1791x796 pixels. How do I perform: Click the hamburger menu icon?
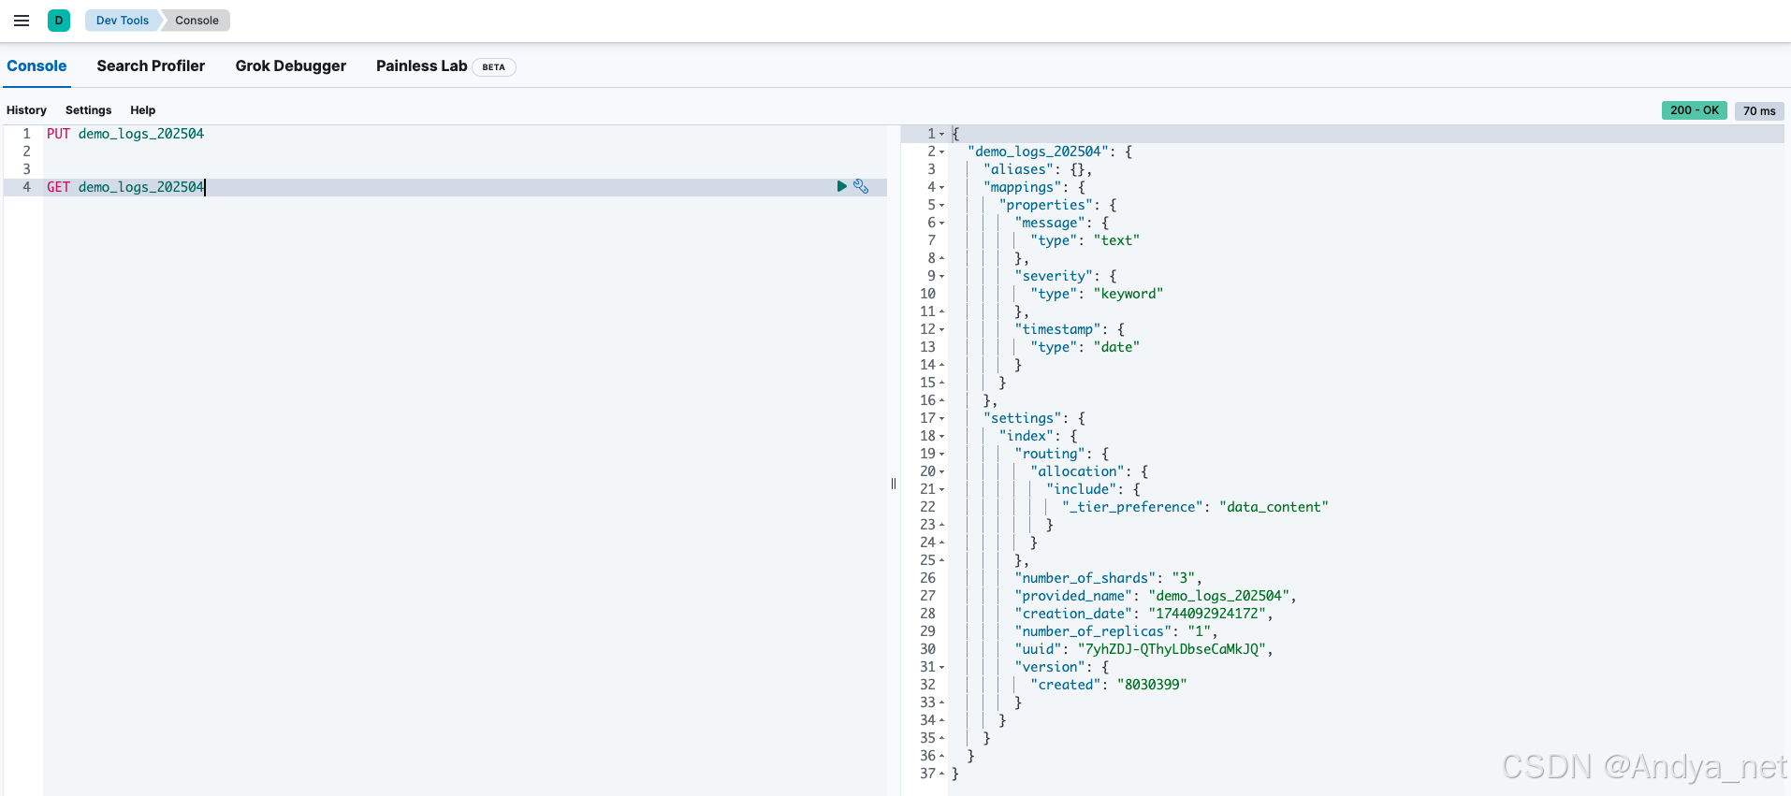pos(22,21)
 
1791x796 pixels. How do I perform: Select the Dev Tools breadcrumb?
pos(122,21)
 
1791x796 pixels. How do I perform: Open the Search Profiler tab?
pos(151,66)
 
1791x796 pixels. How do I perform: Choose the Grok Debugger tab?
pos(290,66)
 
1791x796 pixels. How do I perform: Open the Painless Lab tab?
pos(421,66)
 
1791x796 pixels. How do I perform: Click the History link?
pos(26,110)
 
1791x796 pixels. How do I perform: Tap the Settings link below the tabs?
pos(88,110)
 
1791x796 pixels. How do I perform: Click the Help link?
pos(142,110)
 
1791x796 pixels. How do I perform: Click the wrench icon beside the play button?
pos(861,187)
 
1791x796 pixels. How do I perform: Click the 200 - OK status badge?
pos(1694,110)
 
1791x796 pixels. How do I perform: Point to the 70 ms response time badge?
pos(1759,111)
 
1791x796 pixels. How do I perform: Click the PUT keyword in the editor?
pos(58,134)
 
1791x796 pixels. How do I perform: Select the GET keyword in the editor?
pos(58,187)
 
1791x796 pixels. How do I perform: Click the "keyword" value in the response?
pos(1128,294)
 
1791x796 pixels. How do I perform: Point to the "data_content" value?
pos(1273,507)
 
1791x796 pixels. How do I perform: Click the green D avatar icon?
pos(59,21)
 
